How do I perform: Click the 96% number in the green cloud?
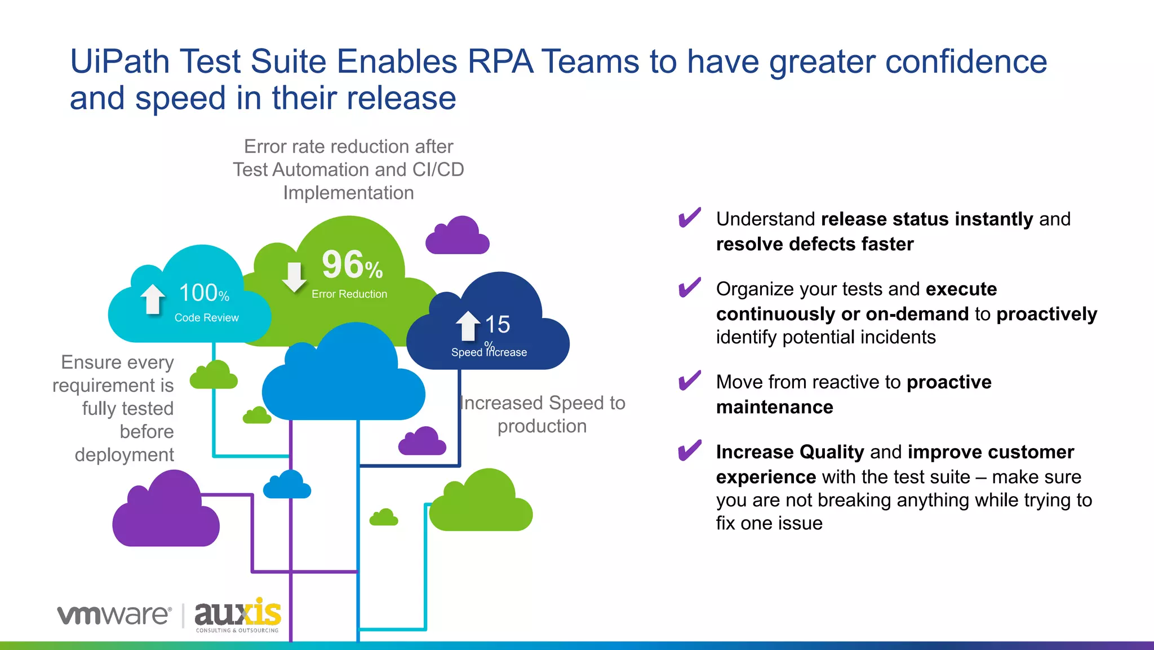point(352,265)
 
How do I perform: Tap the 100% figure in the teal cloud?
point(203,293)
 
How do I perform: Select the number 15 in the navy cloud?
point(497,325)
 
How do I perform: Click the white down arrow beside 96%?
point(294,277)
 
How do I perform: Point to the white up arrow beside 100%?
point(152,298)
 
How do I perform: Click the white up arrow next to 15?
point(468,326)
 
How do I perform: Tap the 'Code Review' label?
point(206,318)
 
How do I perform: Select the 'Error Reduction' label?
point(349,294)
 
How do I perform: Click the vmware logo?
point(114,614)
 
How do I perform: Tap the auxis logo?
point(237,614)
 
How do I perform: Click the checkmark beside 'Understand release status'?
point(690,218)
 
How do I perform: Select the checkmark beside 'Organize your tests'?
point(690,288)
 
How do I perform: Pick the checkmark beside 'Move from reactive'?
point(690,381)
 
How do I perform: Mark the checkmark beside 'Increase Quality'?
point(690,450)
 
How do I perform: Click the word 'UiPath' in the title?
point(119,61)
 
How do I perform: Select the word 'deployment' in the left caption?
point(124,455)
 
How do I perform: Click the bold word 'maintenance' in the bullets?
point(774,407)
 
